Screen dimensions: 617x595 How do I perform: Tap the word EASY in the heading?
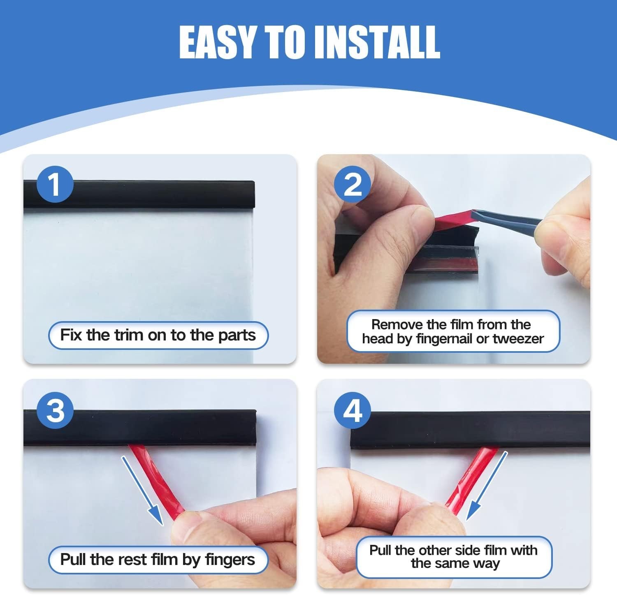(218, 42)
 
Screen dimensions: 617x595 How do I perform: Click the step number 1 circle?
(55, 185)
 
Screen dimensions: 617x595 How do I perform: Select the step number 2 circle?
(352, 185)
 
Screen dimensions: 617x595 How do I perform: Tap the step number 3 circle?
(55, 410)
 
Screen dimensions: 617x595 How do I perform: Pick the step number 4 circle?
(352, 410)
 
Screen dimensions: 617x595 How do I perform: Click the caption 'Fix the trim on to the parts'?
(158, 335)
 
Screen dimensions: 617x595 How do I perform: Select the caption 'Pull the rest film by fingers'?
(158, 560)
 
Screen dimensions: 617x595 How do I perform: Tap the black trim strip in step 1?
(139, 194)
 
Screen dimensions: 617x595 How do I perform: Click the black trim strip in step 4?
(470, 430)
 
